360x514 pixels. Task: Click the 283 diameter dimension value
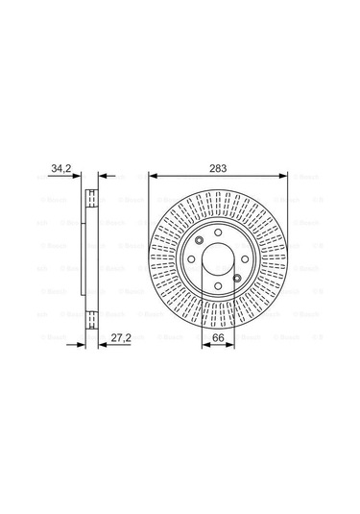pyautogui.click(x=218, y=169)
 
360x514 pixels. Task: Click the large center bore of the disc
pyautogui.click(x=217, y=260)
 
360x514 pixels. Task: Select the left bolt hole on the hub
pyautogui.click(x=190, y=260)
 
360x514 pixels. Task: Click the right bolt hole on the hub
pyautogui.click(x=244, y=260)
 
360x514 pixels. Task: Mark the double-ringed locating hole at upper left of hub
pyautogui.click(x=197, y=242)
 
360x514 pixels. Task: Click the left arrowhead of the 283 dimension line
pyautogui.click(x=152, y=176)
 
